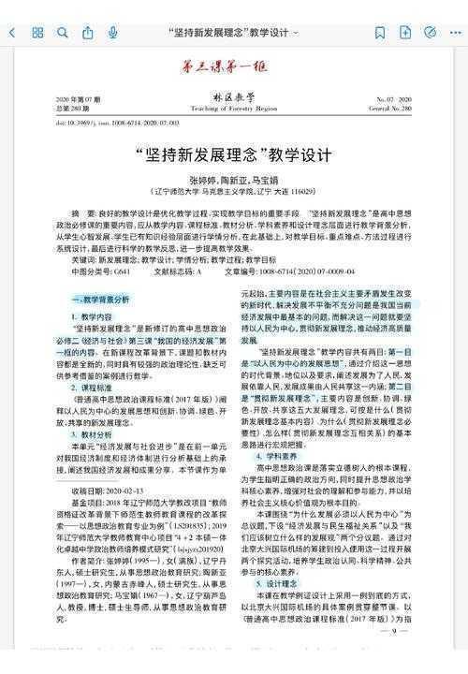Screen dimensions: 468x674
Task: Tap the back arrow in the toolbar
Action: [x=12, y=32]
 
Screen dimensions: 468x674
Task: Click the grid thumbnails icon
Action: [x=37, y=32]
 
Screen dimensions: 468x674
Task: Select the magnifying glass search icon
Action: [x=63, y=32]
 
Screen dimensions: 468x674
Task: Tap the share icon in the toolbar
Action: [x=88, y=32]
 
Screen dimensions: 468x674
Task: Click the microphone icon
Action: [x=112, y=32]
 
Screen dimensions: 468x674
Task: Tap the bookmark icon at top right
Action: [x=379, y=32]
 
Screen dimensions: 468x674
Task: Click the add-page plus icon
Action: [x=404, y=32]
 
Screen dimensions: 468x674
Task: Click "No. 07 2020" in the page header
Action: [x=393, y=98]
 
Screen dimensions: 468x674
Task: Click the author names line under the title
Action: [x=231, y=179]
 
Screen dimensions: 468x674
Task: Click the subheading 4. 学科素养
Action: [x=272, y=456]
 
